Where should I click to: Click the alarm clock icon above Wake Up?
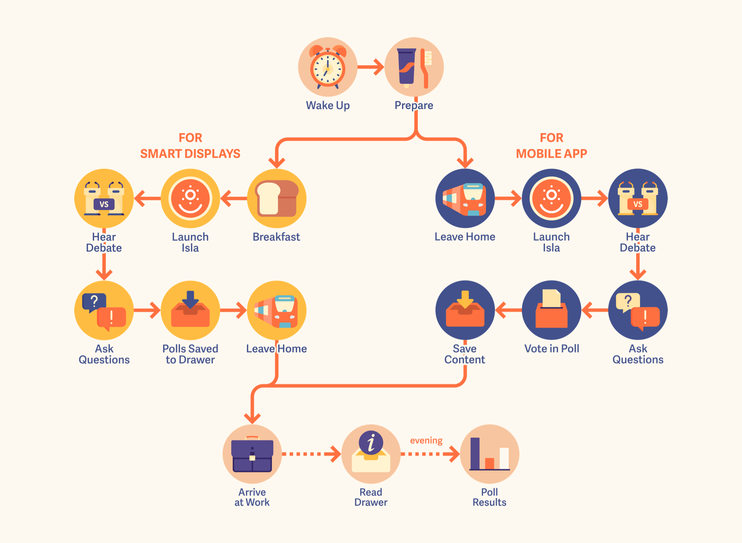point(328,67)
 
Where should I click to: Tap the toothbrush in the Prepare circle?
point(426,68)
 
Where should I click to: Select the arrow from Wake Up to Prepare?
point(371,67)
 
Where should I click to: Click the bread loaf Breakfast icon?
point(277,199)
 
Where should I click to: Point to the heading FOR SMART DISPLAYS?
point(190,146)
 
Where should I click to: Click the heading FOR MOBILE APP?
point(551,146)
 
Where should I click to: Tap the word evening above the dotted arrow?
point(426,441)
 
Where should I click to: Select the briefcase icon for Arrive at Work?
point(252,455)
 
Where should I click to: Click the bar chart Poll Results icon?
point(489,454)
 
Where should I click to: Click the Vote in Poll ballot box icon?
point(551,310)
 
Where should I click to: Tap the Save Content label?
point(464,354)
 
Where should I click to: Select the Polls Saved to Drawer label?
point(190,354)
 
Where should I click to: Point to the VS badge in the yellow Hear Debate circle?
point(104,204)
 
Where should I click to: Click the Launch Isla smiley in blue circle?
point(551,199)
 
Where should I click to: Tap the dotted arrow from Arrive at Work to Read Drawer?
point(311,454)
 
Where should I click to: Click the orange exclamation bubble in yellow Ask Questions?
point(111,318)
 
